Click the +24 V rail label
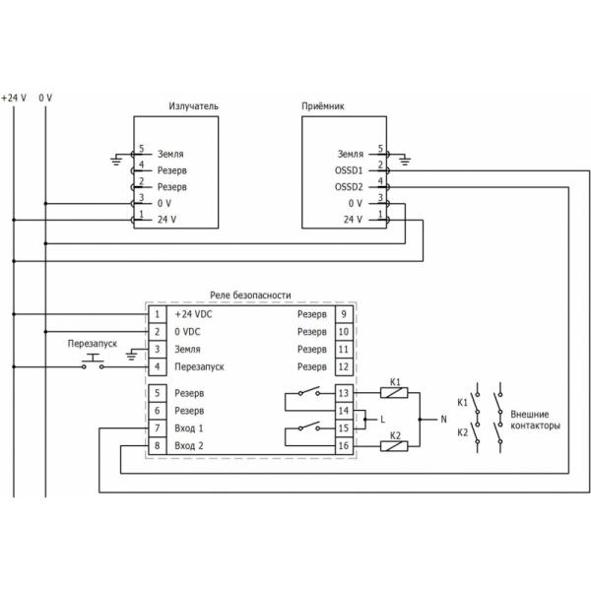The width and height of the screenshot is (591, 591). coord(14,98)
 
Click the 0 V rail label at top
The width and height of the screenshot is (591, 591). coord(45,98)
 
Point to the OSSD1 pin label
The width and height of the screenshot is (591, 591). coord(350,170)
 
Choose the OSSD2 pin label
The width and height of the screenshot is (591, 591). coord(350,186)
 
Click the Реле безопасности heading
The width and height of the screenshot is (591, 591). coord(250,295)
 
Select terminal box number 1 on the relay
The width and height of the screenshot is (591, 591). coord(157,314)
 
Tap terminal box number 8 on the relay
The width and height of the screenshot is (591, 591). coord(157,446)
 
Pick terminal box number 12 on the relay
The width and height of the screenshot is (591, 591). coord(343,366)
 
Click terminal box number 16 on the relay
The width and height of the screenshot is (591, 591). coord(343,446)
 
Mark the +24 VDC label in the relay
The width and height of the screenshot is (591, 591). coord(194,314)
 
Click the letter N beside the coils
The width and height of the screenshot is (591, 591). coord(443,420)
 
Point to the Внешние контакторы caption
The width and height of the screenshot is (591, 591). coord(537,421)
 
